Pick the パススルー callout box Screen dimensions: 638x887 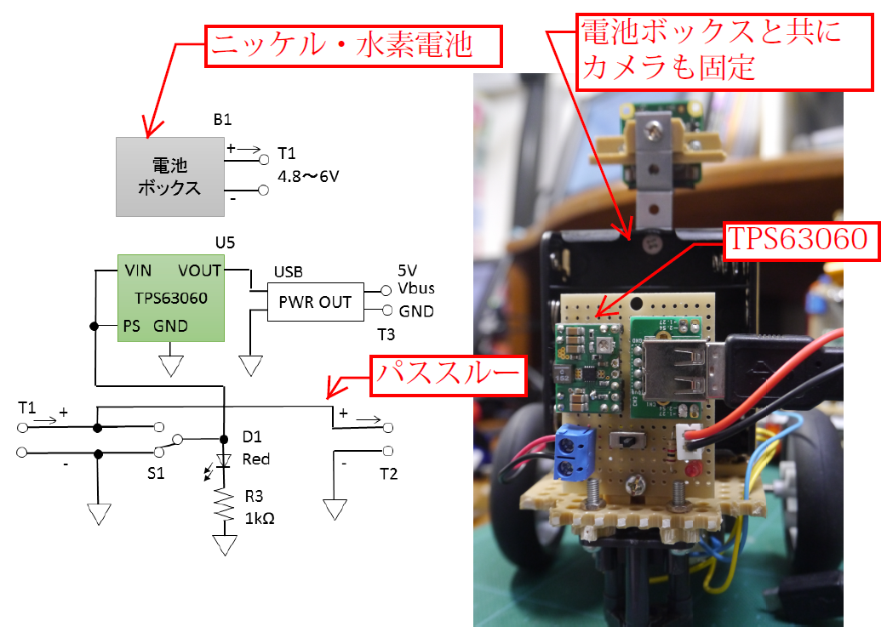click(x=445, y=375)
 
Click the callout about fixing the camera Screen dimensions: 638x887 click(x=726, y=50)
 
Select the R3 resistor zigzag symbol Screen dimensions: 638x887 click(x=224, y=507)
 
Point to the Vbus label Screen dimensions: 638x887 click(x=416, y=288)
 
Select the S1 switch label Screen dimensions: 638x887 click(x=155, y=473)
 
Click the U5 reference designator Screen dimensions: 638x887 click(x=224, y=242)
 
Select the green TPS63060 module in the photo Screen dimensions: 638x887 click(x=589, y=366)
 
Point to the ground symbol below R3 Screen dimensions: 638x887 click(x=224, y=544)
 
